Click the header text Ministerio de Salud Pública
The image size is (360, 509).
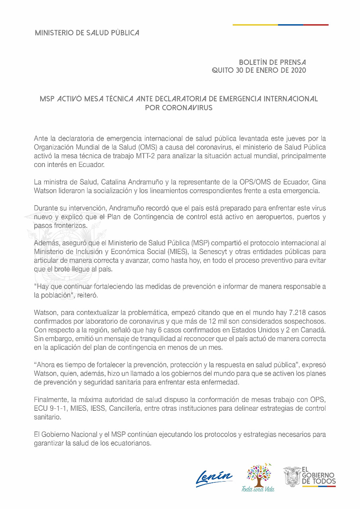click(x=87, y=33)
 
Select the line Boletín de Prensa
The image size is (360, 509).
click(x=272, y=62)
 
